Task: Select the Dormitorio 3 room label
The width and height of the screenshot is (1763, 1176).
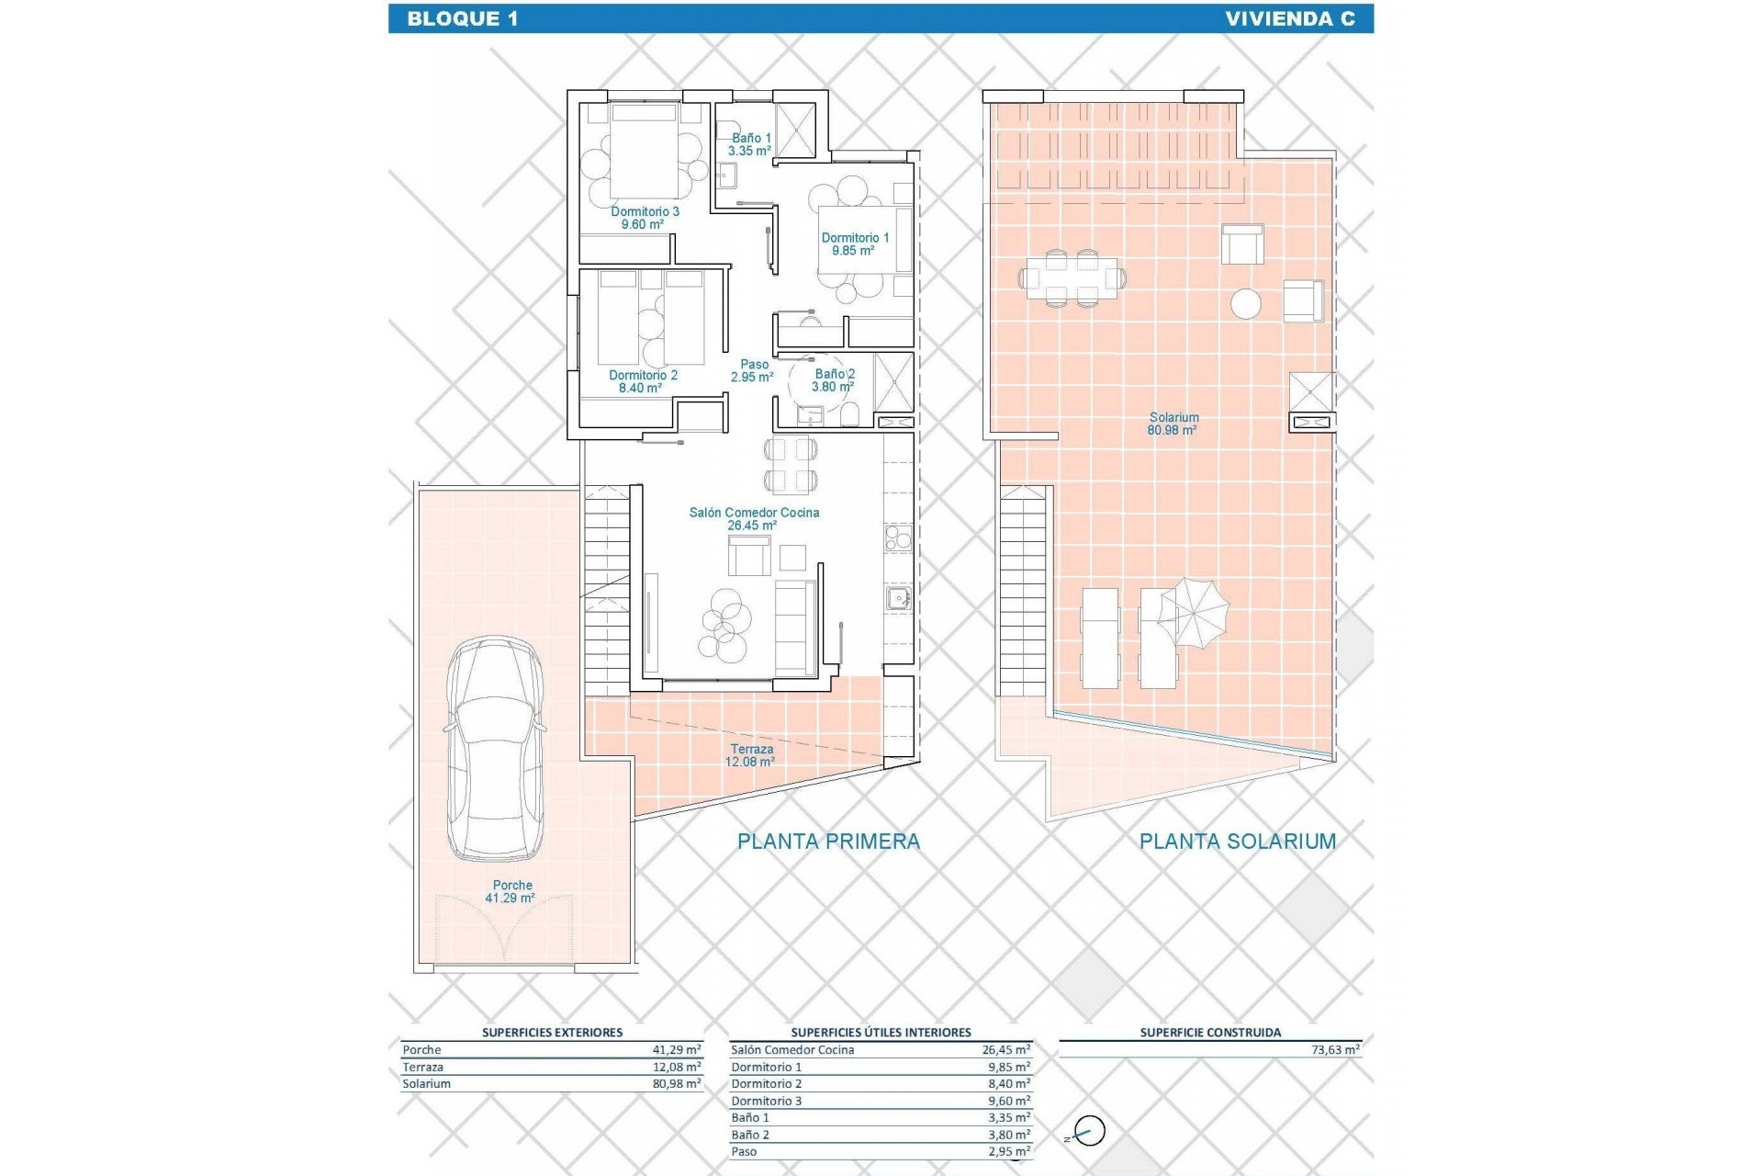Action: [x=645, y=218]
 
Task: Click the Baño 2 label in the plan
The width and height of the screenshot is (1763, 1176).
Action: [x=835, y=380]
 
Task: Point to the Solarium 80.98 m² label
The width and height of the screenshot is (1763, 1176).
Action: [x=1173, y=424]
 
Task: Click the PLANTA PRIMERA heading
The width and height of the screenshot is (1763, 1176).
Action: [x=828, y=841]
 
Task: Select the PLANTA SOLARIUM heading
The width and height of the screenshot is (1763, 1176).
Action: [x=1237, y=841]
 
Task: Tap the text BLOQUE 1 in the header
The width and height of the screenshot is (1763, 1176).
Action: [x=462, y=18]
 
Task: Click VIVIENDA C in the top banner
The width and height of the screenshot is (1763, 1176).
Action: [x=1289, y=18]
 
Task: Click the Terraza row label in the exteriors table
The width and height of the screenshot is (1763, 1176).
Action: [x=422, y=1067]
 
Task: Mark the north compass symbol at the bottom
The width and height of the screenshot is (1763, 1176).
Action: [x=1089, y=1131]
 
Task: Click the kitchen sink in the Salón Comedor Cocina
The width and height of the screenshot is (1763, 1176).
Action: [x=898, y=599]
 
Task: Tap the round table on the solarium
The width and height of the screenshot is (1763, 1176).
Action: [x=1246, y=303]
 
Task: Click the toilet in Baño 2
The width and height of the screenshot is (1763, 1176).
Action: [x=851, y=415]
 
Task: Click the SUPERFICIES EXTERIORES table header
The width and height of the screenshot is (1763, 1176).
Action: [x=552, y=1033]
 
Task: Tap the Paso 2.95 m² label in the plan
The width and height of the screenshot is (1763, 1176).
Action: [x=753, y=370]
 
